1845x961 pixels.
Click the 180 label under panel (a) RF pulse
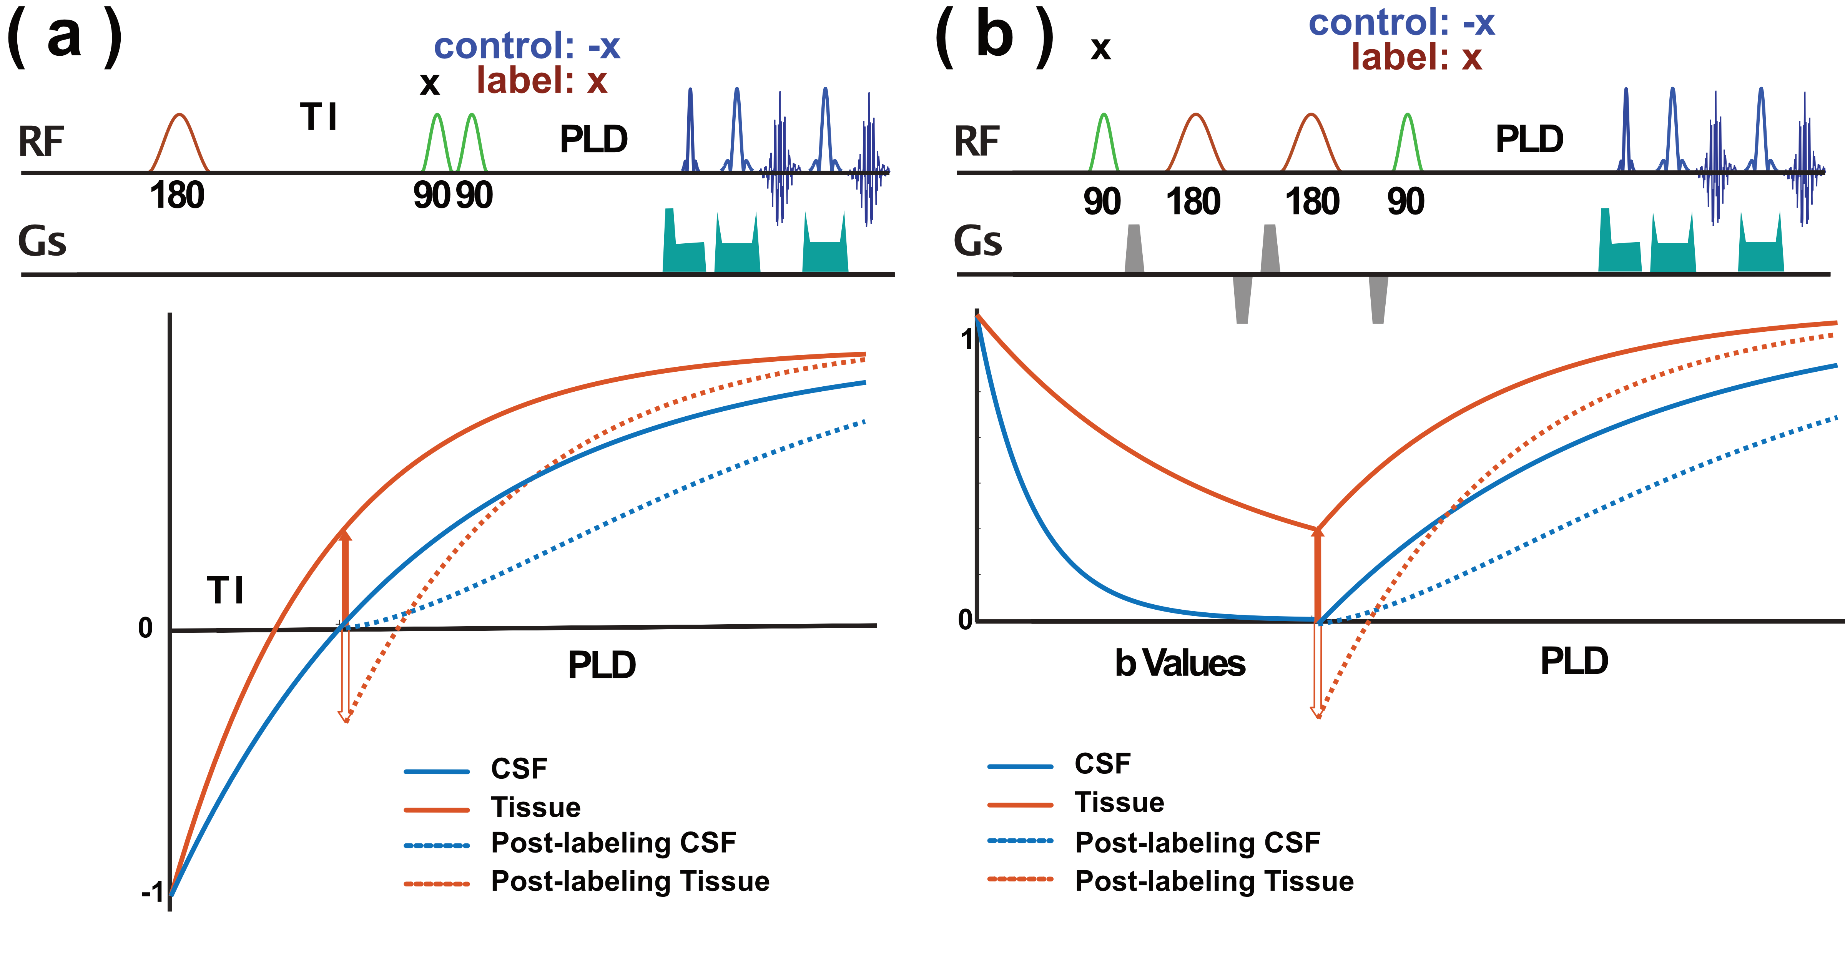[x=177, y=196]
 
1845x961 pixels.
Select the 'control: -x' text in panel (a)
[x=527, y=47]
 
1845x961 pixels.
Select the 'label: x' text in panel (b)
[x=1416, y=57]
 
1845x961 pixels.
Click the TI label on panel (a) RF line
[x=319, y=117]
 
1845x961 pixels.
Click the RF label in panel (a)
[x=41, y=142]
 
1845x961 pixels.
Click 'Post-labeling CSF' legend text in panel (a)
[x=613, y=843]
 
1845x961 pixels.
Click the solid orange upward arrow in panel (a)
[x=344, y=577]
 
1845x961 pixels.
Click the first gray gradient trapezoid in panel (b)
[x=1134, y=248]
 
